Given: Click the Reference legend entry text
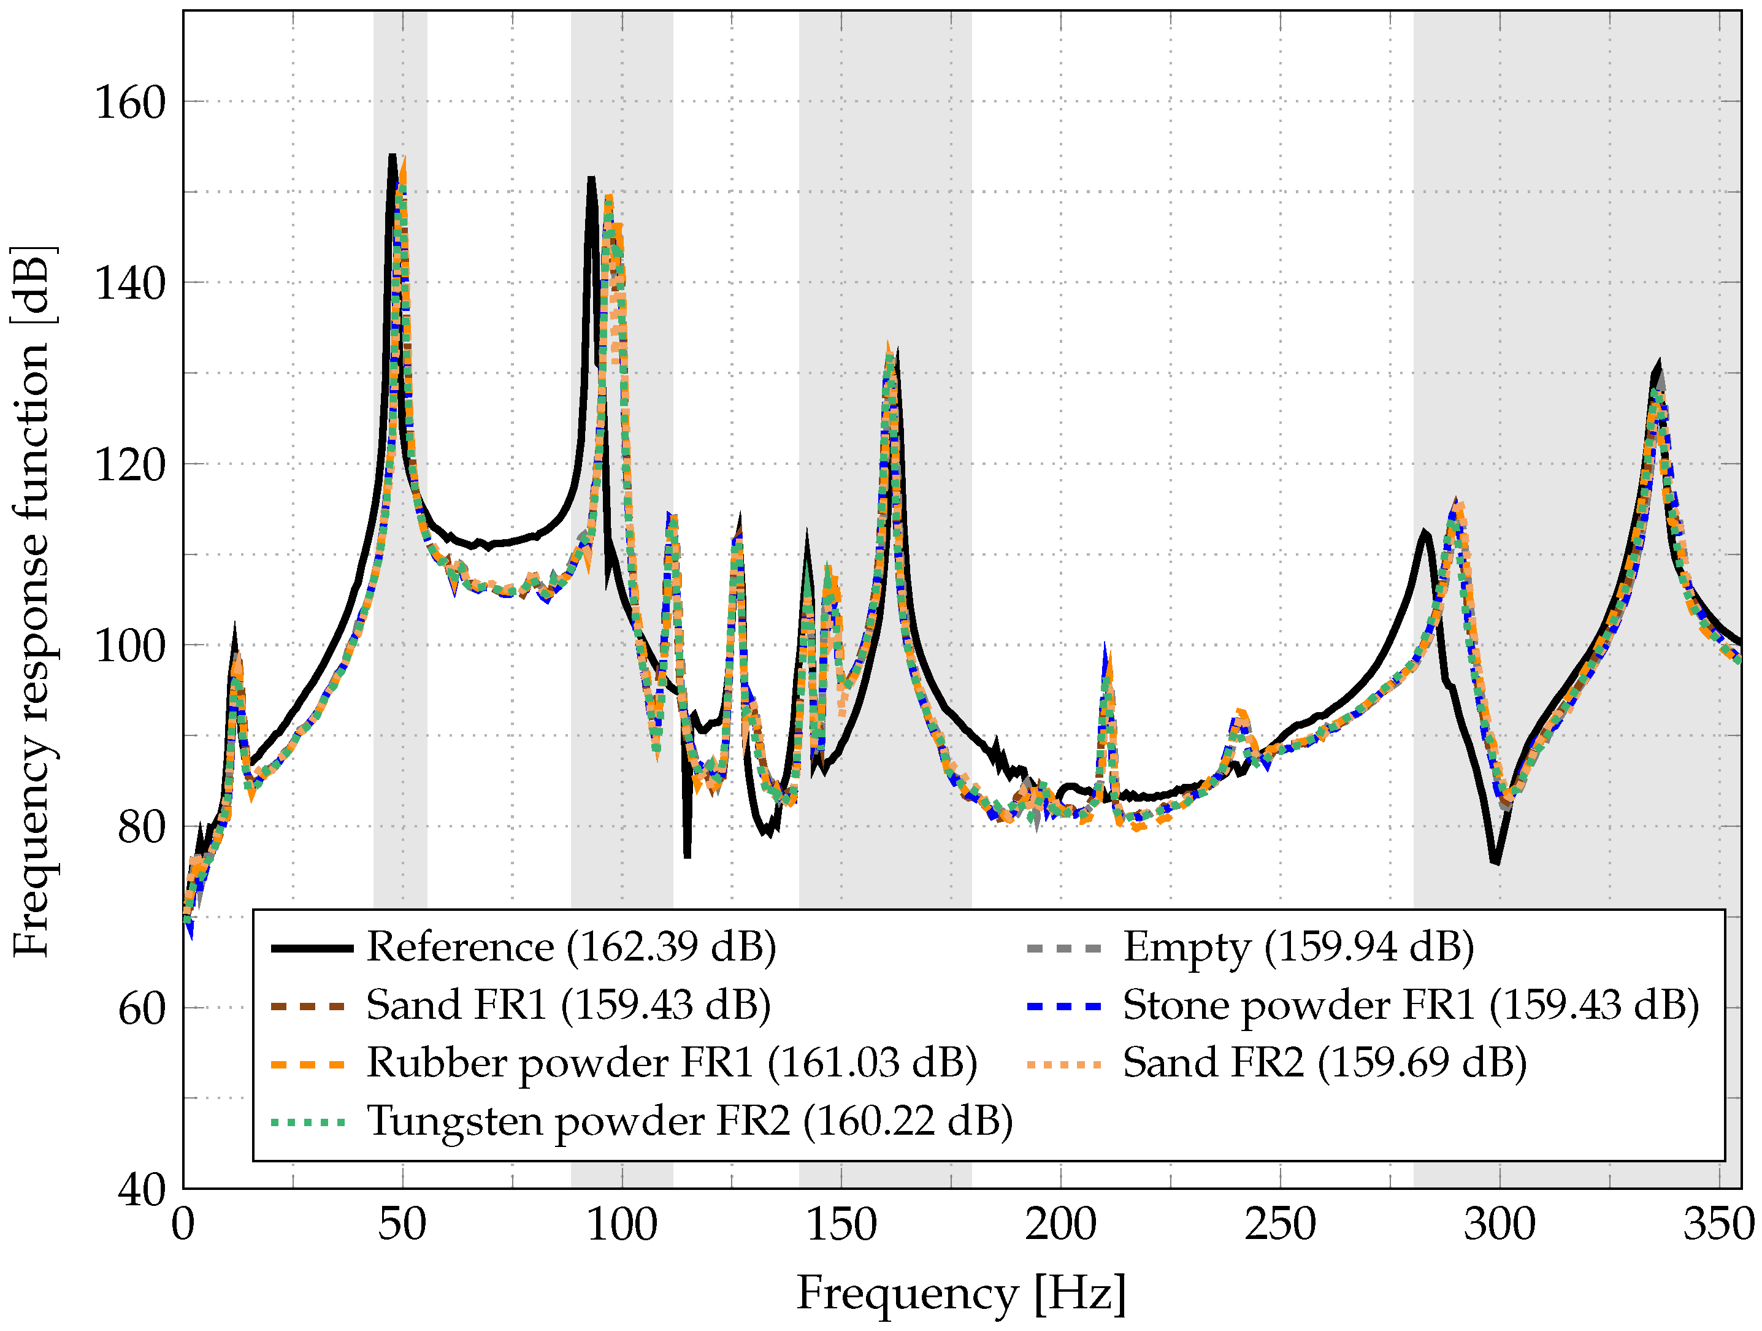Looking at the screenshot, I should [x=570, y=948].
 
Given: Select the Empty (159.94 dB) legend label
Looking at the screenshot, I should [x=1298, y=948].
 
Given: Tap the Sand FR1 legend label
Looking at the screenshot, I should [x=568, y=1006].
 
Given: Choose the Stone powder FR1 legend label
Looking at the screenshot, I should [x=1411, y=1006].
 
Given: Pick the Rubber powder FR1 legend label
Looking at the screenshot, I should [x=672, y=1064].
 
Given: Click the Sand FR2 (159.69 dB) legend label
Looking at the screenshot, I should [x=1325, y=1064].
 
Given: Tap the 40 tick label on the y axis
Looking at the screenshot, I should [x=141, y=1191].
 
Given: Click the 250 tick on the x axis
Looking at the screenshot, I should [x=1280, y=1225].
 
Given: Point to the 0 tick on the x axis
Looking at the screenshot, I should [x=183, y=1225].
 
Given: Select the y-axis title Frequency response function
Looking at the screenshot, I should [x=32, y=601].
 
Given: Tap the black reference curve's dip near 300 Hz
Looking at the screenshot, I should [x=1496, y=861].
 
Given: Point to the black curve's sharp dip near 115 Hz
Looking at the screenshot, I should [x=687, y=854].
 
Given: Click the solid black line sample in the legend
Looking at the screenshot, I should [x=312, y=948].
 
